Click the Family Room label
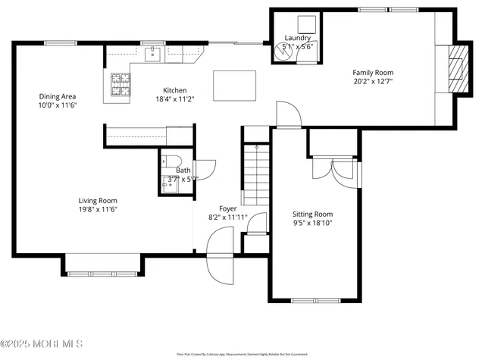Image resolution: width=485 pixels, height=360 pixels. click(x=373, y=73)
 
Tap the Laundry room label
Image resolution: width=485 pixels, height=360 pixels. click(x=297, y=38)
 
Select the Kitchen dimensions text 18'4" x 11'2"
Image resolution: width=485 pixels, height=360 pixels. click(x=175, y=98)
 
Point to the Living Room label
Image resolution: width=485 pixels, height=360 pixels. click(x=97, y=200)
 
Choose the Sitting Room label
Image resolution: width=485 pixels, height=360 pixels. click(x=313, y=214)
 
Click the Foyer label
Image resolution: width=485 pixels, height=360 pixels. click(x=227, y=208)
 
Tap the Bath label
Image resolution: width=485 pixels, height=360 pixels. click(x=183, y=171)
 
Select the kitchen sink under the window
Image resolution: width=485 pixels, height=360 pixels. click(x=153, y=53)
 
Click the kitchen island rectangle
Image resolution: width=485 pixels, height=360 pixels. click(x=234, y=85)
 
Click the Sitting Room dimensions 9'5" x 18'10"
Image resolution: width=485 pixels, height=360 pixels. click(x=313, y=223)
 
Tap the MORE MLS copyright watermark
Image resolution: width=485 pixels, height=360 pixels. click(x=42, y=345)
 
